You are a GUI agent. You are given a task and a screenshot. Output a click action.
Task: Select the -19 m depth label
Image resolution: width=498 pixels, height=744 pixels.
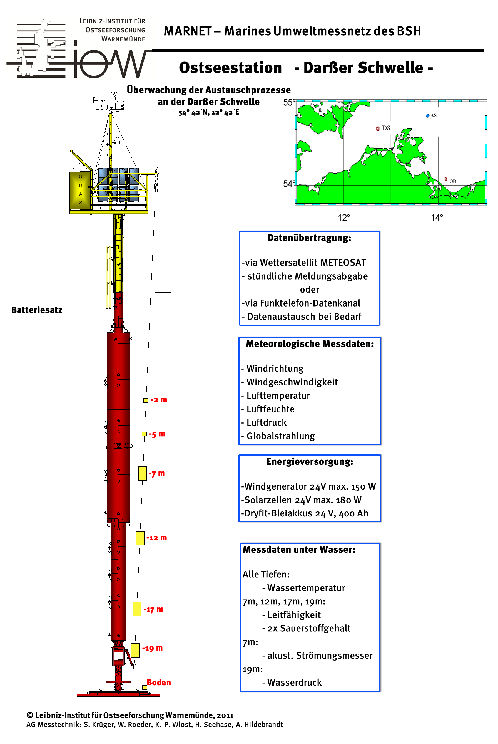pyautogui.click(x=153, y=648)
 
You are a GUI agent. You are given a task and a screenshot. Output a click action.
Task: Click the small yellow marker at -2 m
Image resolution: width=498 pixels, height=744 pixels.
pyautogui.click(x=146, y=401)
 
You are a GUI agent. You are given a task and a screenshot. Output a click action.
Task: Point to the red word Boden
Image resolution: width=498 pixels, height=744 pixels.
pyautogui.click(x=159, y=682)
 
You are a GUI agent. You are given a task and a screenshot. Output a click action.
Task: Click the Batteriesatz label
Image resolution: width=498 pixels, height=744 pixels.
pyautogui.click(x=37, y=310)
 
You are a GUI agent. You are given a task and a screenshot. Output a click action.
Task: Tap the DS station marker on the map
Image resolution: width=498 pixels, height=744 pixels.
pyautogui.click(x=378, y=128)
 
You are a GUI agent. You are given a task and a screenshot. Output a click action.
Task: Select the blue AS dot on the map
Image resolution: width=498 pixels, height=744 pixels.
pyautogui.click(x=427, y=116)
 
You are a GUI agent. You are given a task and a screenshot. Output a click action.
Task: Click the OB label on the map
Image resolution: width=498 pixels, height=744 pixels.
pyautogui.click(x=453, y=181)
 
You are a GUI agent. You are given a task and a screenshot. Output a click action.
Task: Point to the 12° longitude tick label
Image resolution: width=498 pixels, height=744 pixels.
pyautogui.click(x=344, y=218)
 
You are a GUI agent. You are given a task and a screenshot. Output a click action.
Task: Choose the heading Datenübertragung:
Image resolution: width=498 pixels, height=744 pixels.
pyautogui.click(x=309, y=238)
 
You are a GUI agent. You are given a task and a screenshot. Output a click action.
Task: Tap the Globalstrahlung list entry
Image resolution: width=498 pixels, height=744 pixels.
pyautogui.click(x=281, y=436)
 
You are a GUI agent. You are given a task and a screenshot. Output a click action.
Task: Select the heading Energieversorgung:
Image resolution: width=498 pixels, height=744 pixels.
pyautogui.click(x=310, y=461)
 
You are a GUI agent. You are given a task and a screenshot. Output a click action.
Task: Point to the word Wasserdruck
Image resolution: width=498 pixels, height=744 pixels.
pyautogui.click(x=294, y=682)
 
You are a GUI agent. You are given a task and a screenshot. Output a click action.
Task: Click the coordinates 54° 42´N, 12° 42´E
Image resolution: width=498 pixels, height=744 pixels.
pyautogui.click(x=209, y=113)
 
